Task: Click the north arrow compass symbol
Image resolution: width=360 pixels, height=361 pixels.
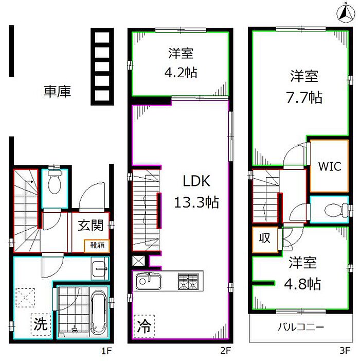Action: click(x=346, y=13)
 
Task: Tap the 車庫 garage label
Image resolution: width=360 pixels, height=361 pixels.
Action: click(x=57, y=91)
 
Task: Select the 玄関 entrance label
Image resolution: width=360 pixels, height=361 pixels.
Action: click(x=91, y=226)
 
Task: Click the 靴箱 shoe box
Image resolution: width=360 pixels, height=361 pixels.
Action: click(x=97, y=246)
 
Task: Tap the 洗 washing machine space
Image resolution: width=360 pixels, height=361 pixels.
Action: click(x=41, y=324)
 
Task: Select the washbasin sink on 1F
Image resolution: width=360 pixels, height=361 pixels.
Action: click(x=100, y=268)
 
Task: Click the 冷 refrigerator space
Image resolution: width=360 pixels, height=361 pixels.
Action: click(x=144, y=326)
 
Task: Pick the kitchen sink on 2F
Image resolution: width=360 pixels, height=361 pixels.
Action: click(x=149, y=281)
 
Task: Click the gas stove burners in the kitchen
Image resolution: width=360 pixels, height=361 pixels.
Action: click(x=188, y=282)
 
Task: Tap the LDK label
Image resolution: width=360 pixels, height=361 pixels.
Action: click(x=196, y=181)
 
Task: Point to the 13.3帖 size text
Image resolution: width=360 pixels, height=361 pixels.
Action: click(x=196, y=202)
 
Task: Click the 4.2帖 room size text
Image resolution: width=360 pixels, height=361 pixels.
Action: click(x=181, y=73)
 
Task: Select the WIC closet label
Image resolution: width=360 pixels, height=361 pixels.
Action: click(x=330, y=166)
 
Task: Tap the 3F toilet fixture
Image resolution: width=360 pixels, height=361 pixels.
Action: click(x=337, y=210)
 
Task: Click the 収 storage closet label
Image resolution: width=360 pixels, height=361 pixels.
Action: click(x=264, y=238)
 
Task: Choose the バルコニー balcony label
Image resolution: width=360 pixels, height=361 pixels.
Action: click(x=301, y=327)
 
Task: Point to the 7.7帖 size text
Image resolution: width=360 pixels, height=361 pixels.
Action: click(x=304, y=97)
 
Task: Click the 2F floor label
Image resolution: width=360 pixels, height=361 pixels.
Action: click(x=226, y=351)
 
